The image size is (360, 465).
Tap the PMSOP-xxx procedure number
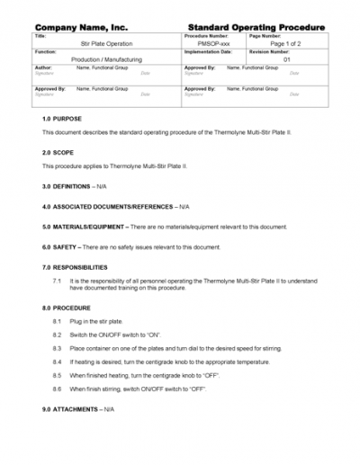pyautogui.click(x=211, y=42)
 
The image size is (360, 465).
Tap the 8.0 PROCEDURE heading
pyautogui.click(x=66, y=308)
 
